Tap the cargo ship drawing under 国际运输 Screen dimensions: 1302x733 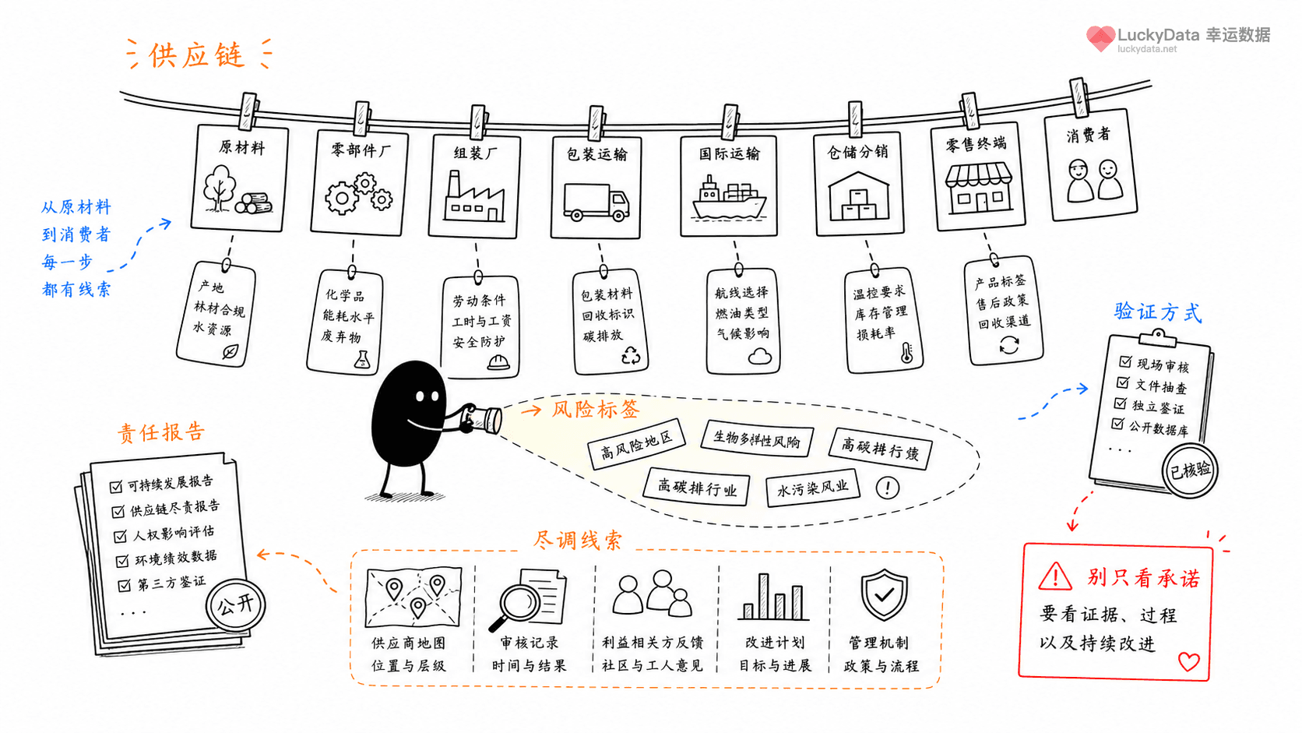pos(729,198)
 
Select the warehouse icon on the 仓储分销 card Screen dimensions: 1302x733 pos(858,196)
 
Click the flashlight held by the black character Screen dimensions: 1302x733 pos(481,418)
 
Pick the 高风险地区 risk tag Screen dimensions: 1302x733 pos(636,444)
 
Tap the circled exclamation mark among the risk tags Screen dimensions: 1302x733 pos(888,488)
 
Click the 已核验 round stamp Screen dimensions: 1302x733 pos(1190,470)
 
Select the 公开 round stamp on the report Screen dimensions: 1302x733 pos(235,605)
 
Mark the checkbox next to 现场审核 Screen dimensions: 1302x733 pos(1125,361)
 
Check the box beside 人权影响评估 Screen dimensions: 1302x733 pos(121,536)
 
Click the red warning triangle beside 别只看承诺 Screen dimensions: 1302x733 pos(1054,577)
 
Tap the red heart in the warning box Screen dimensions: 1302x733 pos(1188,662)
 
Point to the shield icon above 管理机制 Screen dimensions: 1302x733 pos(884,594)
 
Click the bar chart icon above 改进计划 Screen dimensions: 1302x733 pos(773,597)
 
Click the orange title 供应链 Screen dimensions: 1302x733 pos(197,56)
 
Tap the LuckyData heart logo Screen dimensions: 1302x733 pos(1100,38)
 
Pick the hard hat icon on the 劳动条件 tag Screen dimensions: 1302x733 pos(498,363)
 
